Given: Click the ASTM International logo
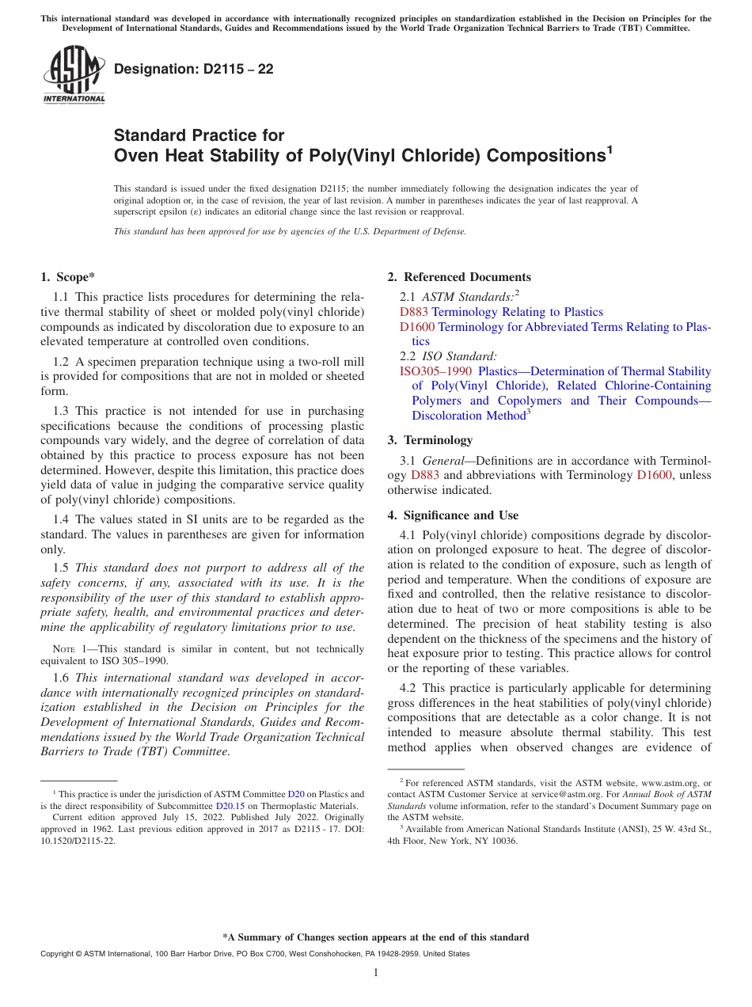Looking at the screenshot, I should pos(74,76).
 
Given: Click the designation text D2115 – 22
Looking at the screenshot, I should pos(194,70).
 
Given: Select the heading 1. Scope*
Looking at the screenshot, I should pos(67,277).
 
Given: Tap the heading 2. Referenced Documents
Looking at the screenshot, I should pos(459,277).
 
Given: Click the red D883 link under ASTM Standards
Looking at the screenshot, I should pos(414,312).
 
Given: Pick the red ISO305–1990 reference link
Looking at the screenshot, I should pos(435,371).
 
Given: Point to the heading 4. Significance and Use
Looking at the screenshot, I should pos(453,515).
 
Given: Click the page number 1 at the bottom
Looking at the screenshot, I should pos(376,973).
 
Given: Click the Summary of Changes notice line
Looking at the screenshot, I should pos(375,937).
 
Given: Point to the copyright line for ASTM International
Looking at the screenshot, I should pos(254,954).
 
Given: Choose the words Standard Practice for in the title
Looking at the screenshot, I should pos(199,135).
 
